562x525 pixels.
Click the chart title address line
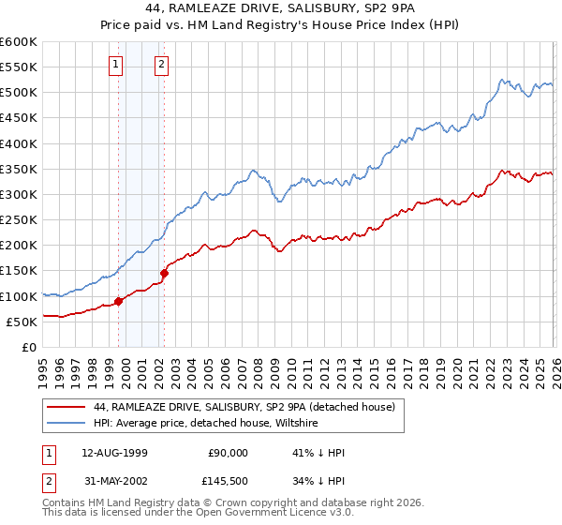(x=281, y=7)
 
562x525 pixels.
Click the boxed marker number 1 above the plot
(x=115, y=65)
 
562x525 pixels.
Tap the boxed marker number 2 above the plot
(x=161, y=65)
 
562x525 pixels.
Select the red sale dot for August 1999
(x=119, y=301)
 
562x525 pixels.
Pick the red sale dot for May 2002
(x=164, y=273)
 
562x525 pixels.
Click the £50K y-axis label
(x=22, y=322)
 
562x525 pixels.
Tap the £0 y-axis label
(x=30, y=347)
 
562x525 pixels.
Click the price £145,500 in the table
(x=228, y=483)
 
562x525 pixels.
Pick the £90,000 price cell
(x=228, y=452)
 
